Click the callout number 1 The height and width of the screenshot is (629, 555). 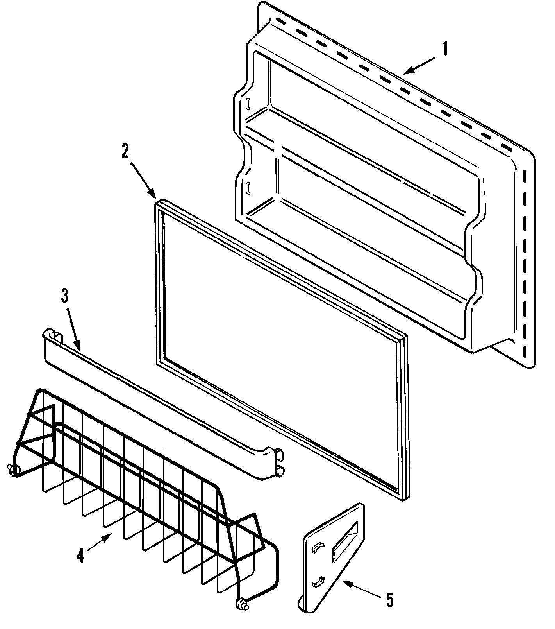tap(445, 50)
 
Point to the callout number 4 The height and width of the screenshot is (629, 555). tap(80, 556)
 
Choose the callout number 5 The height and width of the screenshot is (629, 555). tap(389, 600)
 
